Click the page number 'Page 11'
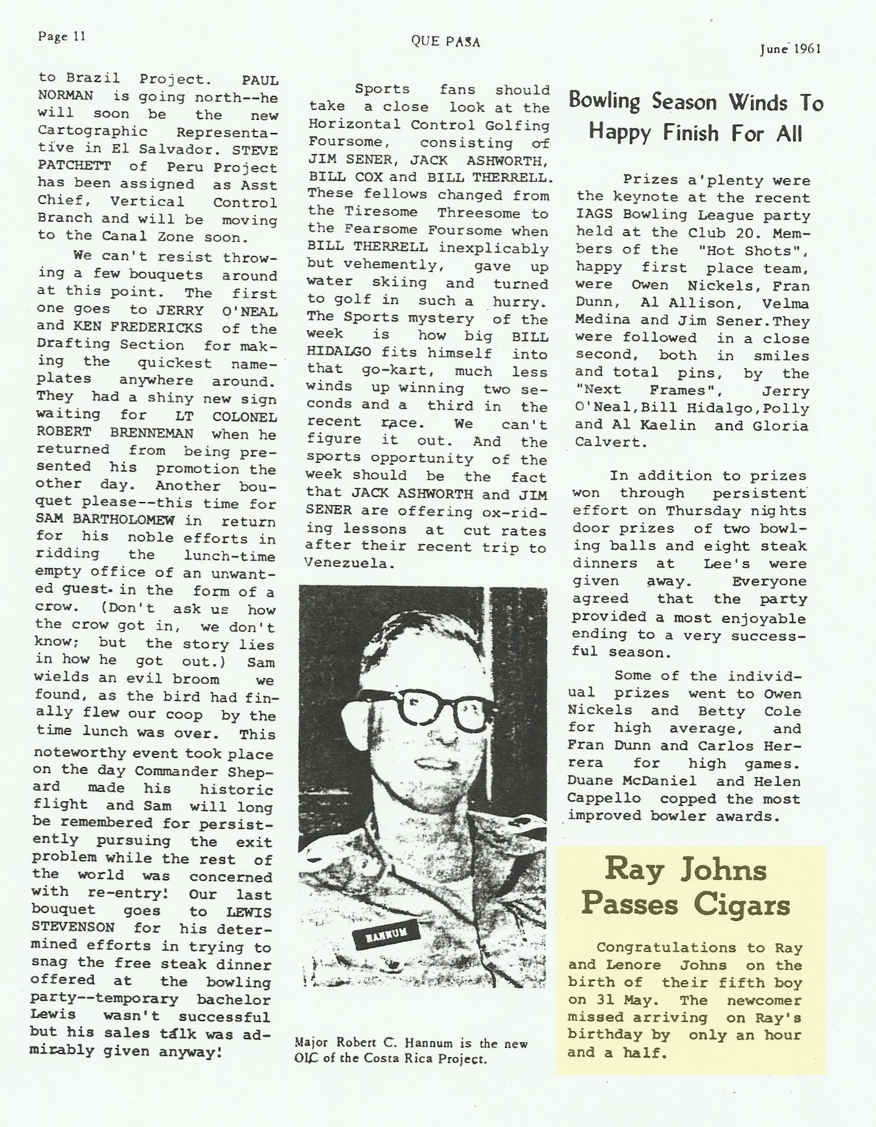click(61, 36)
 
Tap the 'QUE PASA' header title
click(445, 42)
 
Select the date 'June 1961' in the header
click(790, 50)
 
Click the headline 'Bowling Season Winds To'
click(695, 102)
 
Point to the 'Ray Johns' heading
click(686, 870)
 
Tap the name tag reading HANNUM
click(381, 936)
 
